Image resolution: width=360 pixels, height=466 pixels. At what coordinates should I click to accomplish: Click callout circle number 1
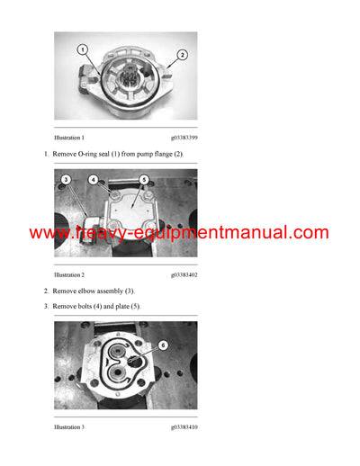pos(81,49)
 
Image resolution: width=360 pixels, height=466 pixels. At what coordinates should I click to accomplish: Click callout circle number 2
pos(182,55)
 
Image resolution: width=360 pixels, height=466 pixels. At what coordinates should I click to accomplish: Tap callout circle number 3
pos(66,181)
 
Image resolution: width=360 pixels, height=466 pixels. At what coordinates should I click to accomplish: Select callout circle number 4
pos(94,180)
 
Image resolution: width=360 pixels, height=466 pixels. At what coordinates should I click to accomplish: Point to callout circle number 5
pos(143,181)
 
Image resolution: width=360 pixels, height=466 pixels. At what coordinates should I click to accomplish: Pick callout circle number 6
pos(162,345)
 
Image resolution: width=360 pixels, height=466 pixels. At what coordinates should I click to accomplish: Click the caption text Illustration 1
pos(69,138)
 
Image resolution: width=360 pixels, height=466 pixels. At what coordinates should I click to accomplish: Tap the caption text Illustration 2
pos(69,274)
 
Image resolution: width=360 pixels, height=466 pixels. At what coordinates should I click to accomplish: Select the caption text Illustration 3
pos(69,426)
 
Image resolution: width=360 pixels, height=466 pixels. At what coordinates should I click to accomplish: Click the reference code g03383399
pos(184,138)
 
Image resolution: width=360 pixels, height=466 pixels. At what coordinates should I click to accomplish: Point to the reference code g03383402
pos(184,274)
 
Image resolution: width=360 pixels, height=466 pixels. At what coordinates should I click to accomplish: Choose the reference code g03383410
pos(184,426)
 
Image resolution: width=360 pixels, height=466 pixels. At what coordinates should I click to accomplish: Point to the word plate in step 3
pos(125,307)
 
